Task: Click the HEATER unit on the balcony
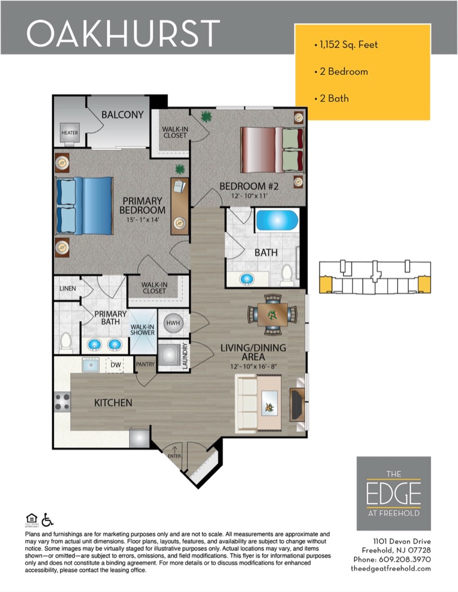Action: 70,133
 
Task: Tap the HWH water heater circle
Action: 173,323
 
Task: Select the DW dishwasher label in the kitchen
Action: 116,364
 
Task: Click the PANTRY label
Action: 145,364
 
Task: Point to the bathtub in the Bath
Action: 277,220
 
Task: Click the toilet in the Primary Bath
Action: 66,343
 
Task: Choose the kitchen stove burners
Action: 62,402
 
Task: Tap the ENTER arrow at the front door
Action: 175,449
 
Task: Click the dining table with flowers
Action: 273,315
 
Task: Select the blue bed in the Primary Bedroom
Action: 84,206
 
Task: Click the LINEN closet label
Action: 68,288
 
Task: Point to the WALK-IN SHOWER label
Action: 143,329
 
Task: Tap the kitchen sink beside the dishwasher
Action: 90,365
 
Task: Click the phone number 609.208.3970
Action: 405,559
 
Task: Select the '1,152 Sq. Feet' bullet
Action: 346,45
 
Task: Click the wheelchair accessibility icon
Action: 48,519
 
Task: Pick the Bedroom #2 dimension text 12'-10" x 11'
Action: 250,196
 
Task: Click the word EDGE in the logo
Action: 393,493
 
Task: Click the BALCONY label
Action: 123,114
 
